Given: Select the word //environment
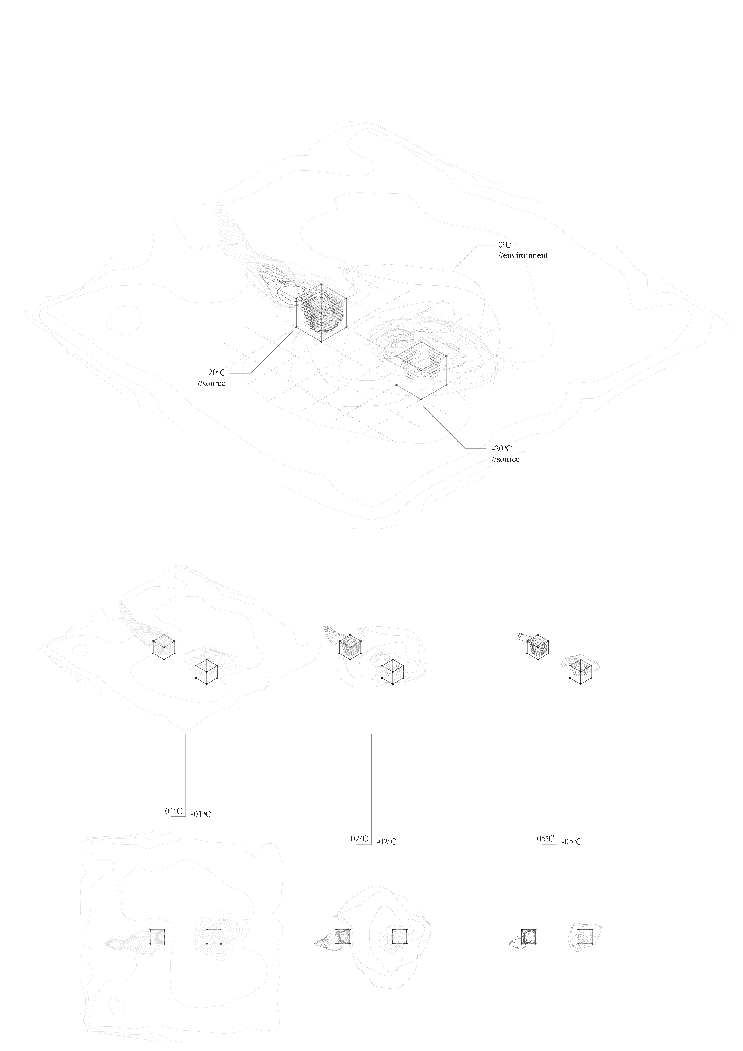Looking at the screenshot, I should click(x=523, y=255).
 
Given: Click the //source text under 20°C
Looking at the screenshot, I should click(x=211, y=383).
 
